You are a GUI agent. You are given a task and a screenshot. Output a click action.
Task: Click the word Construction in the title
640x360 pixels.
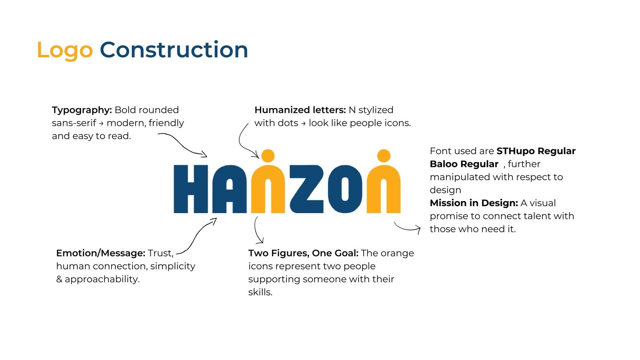point(174,50)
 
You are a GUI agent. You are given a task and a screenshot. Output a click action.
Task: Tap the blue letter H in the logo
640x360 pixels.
point(190,189)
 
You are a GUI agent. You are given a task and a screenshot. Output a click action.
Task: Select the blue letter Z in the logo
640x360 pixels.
point(306,189)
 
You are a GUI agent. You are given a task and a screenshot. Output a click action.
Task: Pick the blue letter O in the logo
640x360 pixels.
point(345,189)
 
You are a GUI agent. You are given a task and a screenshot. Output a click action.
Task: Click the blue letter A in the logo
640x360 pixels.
point(230,189)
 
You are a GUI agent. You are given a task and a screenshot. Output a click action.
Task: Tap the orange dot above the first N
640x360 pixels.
point(268,156)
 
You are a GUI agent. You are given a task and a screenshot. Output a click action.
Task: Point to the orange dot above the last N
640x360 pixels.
point(384,156)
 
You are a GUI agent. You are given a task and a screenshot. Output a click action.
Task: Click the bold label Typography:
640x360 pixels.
point(82,110)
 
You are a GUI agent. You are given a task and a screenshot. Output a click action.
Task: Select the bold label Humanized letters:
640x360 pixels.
point(300,110)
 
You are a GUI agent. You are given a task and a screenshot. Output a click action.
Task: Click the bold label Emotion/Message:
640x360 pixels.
point(101,253)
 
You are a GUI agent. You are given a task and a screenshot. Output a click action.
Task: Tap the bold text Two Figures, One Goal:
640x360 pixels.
point(304,253)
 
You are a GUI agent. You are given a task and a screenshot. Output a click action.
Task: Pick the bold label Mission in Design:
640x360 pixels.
point(474,203)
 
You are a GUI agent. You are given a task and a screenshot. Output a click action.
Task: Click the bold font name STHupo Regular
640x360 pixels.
point(536,151)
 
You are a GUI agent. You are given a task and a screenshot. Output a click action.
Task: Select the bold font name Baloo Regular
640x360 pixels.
point(464,164)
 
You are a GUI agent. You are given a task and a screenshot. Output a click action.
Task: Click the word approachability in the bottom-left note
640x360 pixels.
point(102,280)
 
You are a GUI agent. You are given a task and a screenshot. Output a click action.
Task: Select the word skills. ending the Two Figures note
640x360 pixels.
point(260,292)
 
